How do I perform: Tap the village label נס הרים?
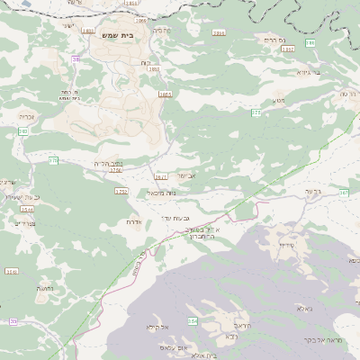[274, 40]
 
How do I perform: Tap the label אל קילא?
[157, 328]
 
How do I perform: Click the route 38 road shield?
[76, 59]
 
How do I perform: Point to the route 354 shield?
[192, 320]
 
